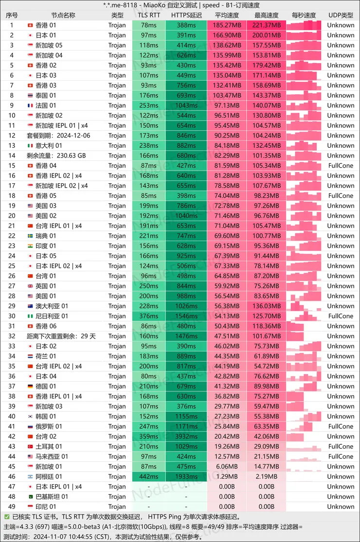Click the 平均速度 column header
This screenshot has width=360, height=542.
(x=227, y=15)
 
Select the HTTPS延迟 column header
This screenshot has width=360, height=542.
(x=186, y=15)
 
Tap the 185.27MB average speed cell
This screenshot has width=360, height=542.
(x=227, y=25)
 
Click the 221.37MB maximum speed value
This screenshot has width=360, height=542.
(x=267, y=25)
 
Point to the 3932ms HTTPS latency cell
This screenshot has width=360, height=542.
(x=186, y=437)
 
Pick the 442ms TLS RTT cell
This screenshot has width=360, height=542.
(x=148, y=476)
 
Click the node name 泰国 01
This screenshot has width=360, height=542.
(x=46, y=95)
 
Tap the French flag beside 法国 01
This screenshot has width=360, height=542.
(x=31, y=105)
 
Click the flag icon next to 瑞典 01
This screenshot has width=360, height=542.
(x=31, y=236)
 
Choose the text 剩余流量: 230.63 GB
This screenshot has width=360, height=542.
(x=56, y=156)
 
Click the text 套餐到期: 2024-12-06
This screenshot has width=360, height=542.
(x=58, y=136)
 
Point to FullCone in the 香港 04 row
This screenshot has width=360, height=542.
(x=341, y=166)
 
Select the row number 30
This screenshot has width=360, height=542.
(x=12, y=316)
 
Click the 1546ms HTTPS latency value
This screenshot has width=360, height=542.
(x=186, y=316)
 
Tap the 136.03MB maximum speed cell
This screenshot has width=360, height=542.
(x=267, y=306)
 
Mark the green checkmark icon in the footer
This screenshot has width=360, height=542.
(x=6, y=517)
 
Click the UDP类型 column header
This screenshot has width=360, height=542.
(x=341, y=15)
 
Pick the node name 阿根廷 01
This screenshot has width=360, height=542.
(x=49, y=476)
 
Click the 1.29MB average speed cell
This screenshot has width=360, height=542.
(x=227, y=476)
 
